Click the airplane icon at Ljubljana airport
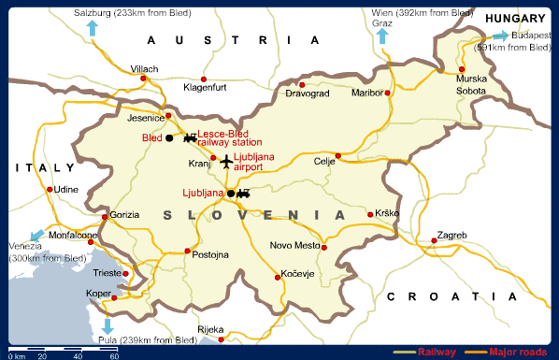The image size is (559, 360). coord(227,163)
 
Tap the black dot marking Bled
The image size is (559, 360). coord(169,138)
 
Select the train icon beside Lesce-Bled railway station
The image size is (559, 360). coord(191,138)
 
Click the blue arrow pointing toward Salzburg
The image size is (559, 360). coord(92,27)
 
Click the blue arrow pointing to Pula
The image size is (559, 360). coord(107,326)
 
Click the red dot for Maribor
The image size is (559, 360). coord(389,93)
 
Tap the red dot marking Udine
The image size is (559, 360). coord(50,189)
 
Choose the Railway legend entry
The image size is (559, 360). coord(437,352)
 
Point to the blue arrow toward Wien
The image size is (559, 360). coord(381,36)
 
